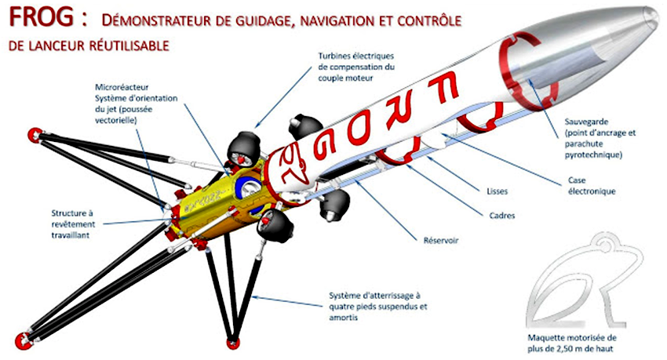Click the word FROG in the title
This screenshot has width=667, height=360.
pos(42,17)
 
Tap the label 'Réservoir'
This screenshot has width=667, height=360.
pos(441,241)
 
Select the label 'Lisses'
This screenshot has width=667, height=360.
pos(497,191)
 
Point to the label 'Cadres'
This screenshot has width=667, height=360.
pos(502,216)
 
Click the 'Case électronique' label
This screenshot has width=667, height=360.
pos(592,186)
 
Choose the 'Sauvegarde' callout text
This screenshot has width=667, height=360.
pos(600,138)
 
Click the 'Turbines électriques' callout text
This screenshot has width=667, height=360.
pos(356,67)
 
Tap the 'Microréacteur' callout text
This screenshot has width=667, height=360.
pos(136,104)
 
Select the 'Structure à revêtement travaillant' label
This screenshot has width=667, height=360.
pos(73,224)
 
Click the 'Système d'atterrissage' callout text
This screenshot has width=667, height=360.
pos(377,307)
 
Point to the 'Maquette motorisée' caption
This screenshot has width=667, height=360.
pos(572,344)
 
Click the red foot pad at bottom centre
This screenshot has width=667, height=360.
pos(232,344)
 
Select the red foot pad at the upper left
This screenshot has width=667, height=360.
pos(34,135)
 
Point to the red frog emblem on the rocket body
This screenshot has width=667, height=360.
pos(291,167)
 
